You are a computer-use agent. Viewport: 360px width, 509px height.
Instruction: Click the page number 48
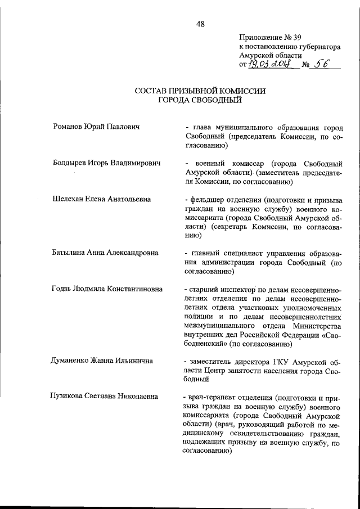[x=200, y=23]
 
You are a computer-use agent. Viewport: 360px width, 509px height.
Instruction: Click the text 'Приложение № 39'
[x=271, y=37]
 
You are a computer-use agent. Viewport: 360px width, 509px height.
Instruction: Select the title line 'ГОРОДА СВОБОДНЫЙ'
[x=200, y=100]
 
